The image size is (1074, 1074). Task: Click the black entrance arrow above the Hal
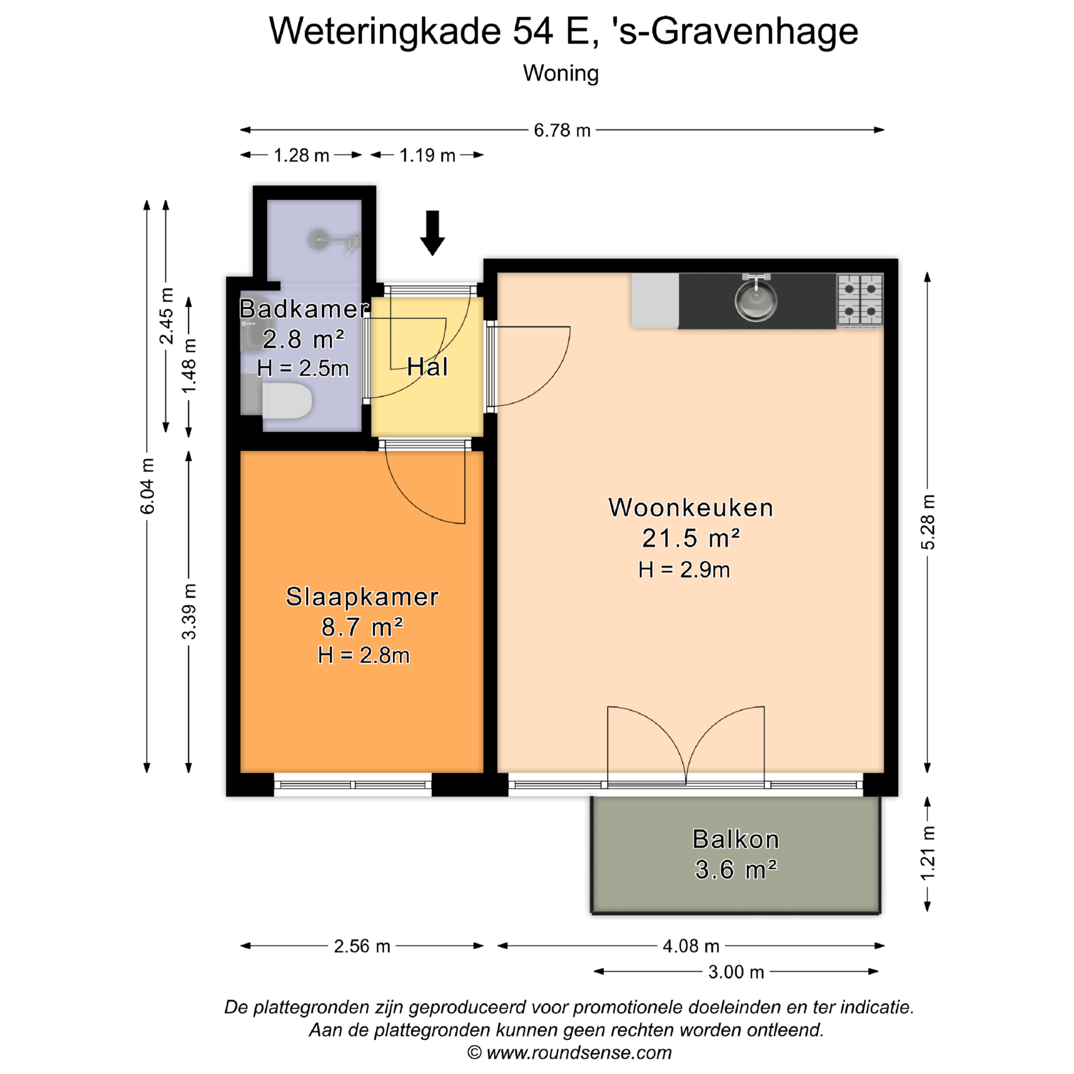pyautogui.click(x=432, y=233)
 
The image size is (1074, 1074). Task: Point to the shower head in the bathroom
pyautogui.click(x=319, y=239)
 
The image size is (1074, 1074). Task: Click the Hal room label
pyautogui.click(x=427, y=367)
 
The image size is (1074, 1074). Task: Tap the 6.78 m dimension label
pyautogui.click(x=562, y=130)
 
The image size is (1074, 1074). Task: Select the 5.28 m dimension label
pyautogui.click(x=927, y=522)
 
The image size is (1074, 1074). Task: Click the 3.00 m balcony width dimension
pyautogui.click(x=736, y=972)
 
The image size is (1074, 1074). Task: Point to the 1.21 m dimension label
pyautogui.click(x=927, y=853)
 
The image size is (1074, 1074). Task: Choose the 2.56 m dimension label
pyautogui.click(x=362, y=946)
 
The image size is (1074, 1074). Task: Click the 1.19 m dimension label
pyautogui.click(x=427, y=155)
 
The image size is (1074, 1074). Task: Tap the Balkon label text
pyautogui.click(x=736, y=839)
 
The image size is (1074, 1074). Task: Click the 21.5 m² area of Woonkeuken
pyautogui.click(x=691, y=538)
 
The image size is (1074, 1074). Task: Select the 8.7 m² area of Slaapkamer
pyautogui.click(x=362, y=627)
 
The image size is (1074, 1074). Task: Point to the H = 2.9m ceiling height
pyautogui.click(x=684, y=569)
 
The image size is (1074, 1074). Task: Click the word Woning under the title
pyautogui.click(x=561, y=73)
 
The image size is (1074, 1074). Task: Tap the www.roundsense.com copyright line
pyautogui.click(x=569, y=1052)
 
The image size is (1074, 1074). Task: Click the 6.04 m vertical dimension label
pyautogui.click(x=147, y=486)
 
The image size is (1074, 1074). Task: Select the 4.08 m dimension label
pyautogui.click(x=691, y=946)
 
